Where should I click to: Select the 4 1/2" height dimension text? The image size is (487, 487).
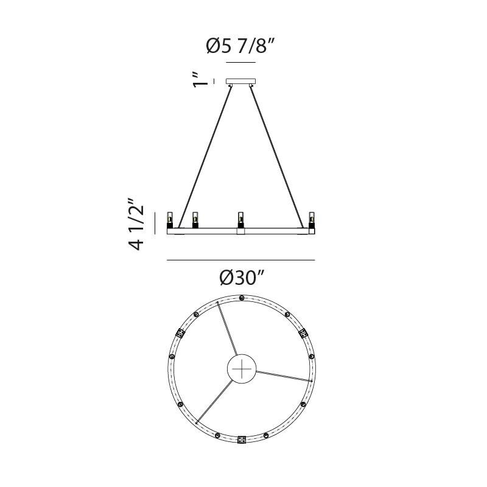pos(138,223)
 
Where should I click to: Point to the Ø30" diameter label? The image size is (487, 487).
pos(241,278)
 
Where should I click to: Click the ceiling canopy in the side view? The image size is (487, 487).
pos(241,81)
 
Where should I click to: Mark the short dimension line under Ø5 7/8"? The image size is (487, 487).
pos(240,63)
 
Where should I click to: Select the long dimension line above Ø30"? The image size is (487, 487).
pos(240,261)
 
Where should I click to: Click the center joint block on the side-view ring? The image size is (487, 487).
pos(241,231)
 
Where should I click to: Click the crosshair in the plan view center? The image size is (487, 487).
pos(242,369)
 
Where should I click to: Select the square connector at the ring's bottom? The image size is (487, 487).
pos(242,439)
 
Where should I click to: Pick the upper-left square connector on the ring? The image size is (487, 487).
pos(180,333)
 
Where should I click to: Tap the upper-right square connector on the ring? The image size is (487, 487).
pos(303,333)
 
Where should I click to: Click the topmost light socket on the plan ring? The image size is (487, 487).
pos(242,298)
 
